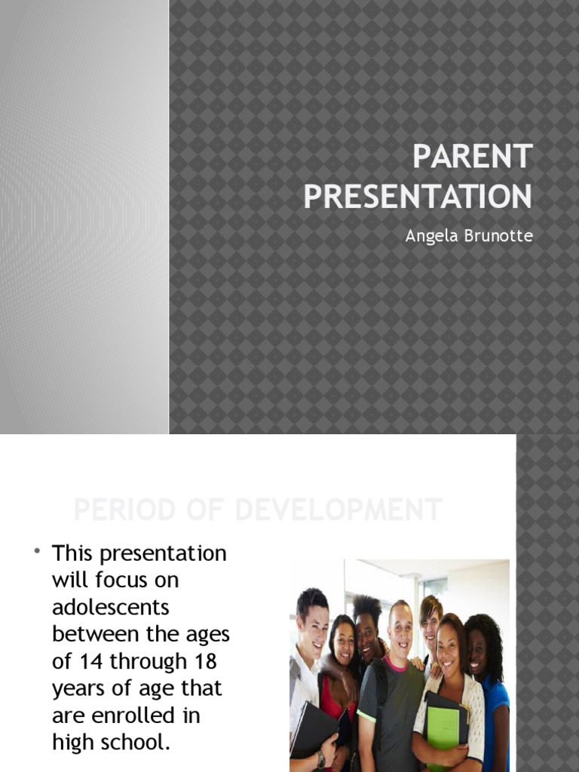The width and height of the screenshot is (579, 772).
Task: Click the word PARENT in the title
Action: (473, 158)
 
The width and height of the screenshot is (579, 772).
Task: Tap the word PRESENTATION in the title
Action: (418, 196)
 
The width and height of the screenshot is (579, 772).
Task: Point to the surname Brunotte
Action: (498, 236)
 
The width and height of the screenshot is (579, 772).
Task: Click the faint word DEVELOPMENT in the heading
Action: (337, 510)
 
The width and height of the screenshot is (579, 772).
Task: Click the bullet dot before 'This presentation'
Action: (36, 553)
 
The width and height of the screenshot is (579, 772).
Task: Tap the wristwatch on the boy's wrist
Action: (321, 761)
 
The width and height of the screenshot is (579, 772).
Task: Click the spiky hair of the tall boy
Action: (367, 607)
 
